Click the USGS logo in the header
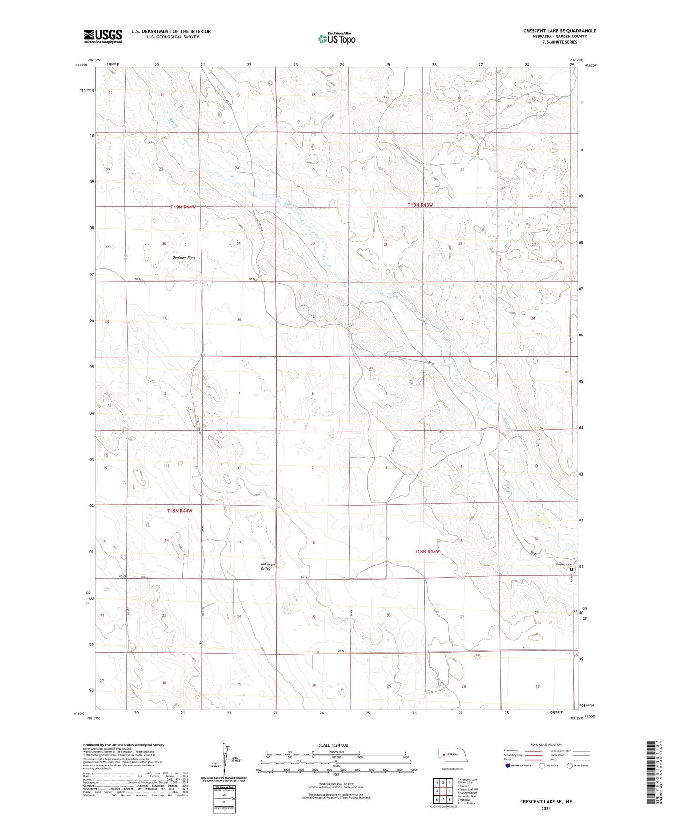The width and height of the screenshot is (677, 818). coord(103,36)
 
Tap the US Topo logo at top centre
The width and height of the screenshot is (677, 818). coord(336,38)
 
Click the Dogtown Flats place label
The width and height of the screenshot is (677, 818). coord(184,258)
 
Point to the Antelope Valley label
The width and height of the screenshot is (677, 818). coord(268,566)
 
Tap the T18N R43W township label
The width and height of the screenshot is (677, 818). coord(427,551)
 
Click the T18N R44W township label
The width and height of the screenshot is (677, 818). coord(179,511)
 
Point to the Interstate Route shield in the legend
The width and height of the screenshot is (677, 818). coord(507,766)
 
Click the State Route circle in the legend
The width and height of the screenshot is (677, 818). coord(569,766)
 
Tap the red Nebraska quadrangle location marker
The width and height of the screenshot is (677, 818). coord(443,754)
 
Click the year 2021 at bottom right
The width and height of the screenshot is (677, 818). coord(545,809)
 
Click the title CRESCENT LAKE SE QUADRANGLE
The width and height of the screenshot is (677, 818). coord(559,31)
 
